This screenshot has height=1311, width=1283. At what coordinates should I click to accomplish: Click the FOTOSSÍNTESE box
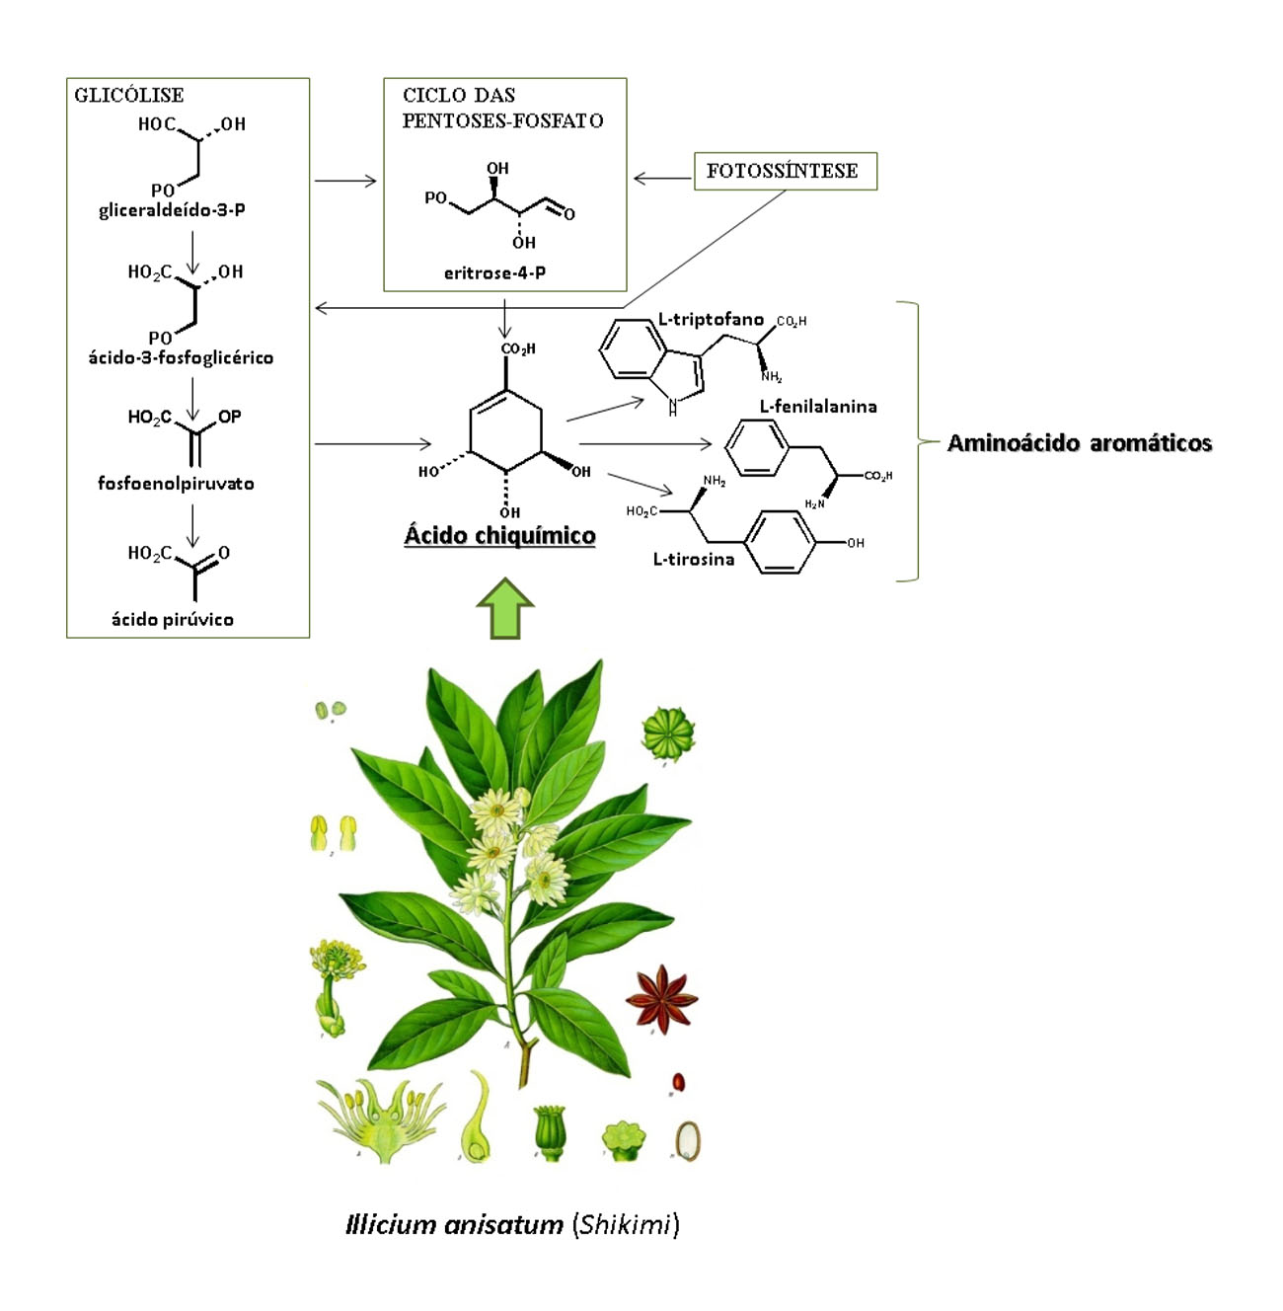click(x=785, y=171)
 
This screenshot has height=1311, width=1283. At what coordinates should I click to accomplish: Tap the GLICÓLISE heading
click(x=129, y=95)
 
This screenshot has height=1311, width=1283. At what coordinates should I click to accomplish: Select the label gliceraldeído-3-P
click(x=172, y=210)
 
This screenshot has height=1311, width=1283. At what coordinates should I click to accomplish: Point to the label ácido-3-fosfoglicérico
click(x=181, y=357)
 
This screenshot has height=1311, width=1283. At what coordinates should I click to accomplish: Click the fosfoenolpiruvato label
click(x=176, y=483)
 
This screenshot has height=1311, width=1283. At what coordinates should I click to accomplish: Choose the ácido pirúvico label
click(x=173, y=619)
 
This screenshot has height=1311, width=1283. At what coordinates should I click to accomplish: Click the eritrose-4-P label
click(x=494, y=272)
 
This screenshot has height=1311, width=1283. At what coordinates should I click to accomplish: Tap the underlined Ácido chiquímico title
click(x=500, y=535)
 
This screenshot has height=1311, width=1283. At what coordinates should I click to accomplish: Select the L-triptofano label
click(x=711, y=320)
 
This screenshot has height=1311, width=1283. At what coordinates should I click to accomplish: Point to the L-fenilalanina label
click(x=818, y=406)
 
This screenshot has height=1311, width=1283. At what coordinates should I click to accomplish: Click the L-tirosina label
click(x=694, y=559)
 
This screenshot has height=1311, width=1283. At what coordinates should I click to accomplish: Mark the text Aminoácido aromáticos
click(x=1079, y=443)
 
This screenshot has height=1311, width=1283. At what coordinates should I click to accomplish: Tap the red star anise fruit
click(x=660, y=998)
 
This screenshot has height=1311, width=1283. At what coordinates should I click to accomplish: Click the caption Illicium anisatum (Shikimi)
click(x=512, y=1225)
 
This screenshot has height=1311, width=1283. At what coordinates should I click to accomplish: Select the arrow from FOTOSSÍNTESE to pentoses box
click(x=662, y=179)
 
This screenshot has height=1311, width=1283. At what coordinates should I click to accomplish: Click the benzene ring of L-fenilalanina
click(x=757, y=448)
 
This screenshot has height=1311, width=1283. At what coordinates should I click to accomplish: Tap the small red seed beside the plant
click(x=678, y=1082)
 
